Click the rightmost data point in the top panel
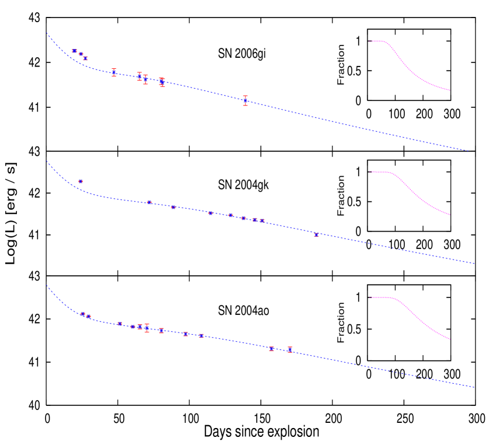point(246,101)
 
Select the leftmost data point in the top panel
point(74,51)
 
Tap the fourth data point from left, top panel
point(114,72)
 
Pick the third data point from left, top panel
point(85,58)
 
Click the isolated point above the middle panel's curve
point(81,181)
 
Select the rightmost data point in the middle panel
point(316,234)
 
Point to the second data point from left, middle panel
point(149,202)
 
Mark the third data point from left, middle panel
point(173,207)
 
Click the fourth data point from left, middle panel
point(211,213)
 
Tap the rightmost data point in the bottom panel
point(289,350)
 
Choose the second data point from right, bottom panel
point(271,348)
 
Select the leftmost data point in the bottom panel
point(83,314)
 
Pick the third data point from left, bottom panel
point(120,323)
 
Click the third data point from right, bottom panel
point(201,335)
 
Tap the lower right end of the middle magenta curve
point(450,215)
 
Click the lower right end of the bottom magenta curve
point(450,339)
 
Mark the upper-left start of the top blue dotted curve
point(47,33)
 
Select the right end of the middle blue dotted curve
point(474,264)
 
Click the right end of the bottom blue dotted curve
point(474,387)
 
